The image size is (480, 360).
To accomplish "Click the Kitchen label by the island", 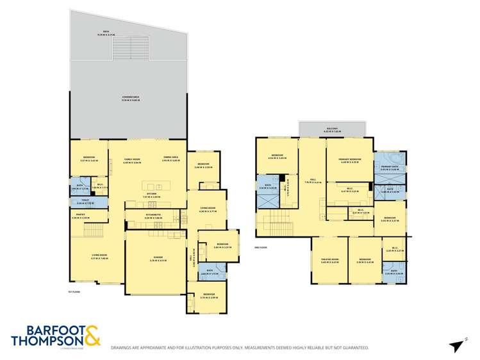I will pos(152,193).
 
